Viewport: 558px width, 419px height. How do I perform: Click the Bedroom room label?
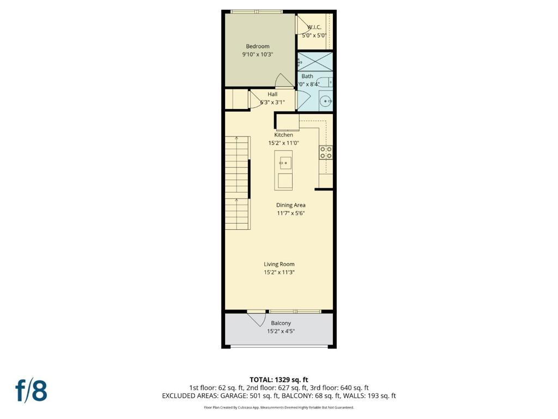pos(257,46)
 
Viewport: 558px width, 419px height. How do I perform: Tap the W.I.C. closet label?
pos(314,27)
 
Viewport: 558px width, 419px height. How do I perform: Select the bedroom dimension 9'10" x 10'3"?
pos(257,55)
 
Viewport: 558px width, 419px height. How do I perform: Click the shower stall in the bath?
pos(315,61)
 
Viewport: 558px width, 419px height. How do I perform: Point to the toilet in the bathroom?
pos(324,83)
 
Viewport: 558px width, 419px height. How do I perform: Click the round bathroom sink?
pos(325,100)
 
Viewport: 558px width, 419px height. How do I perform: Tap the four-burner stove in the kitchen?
pos(326,152)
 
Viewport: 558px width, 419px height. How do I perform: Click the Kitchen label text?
pos(283,135)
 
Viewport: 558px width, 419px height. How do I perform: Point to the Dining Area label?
pos(290,205)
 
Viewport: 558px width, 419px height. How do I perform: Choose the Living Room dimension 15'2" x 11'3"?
pos(279,273)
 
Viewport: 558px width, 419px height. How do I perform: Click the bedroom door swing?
pos(284,81)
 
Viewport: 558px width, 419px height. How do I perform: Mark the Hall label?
pos(272,94)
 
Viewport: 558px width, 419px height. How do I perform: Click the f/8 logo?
pos(31,390)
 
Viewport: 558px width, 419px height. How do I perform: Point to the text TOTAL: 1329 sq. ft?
pos(279,379)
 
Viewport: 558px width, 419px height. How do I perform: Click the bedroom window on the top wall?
pos(256,11)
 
